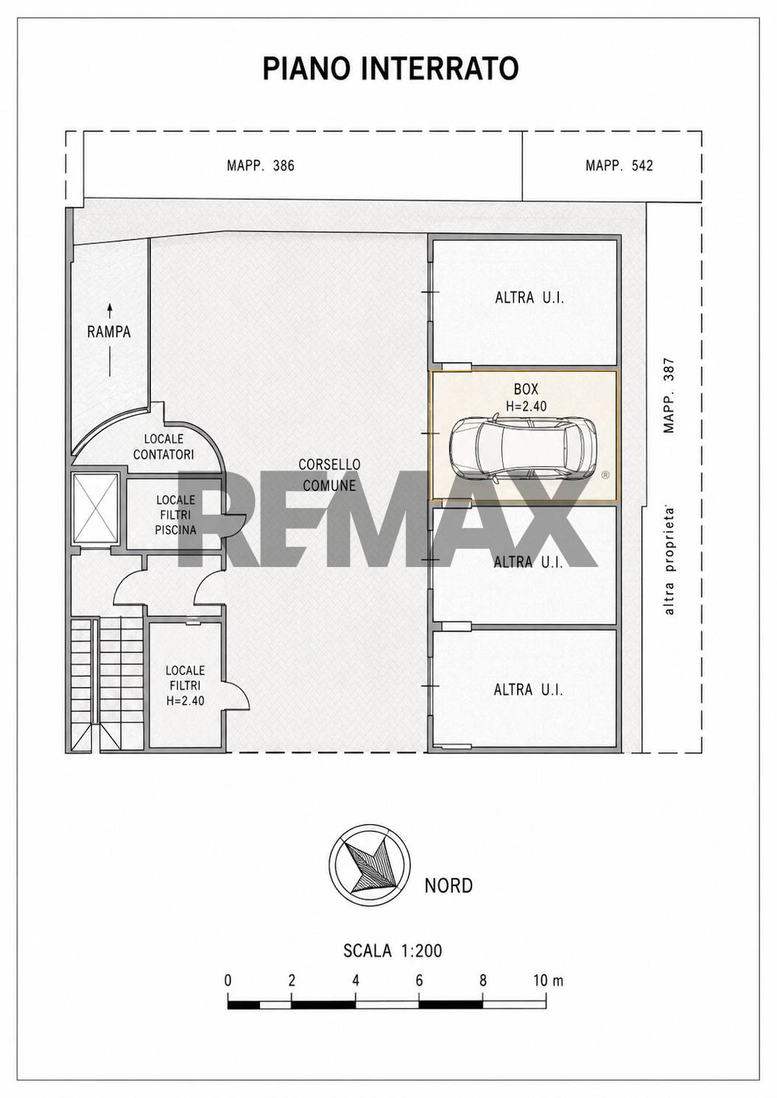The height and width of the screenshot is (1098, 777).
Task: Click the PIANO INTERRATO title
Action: (x=390, y=68)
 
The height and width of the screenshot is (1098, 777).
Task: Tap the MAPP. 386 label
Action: (x=260, y=166)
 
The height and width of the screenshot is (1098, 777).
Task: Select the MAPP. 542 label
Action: (x=619, y=166)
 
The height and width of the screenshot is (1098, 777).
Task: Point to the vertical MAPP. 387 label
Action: (x=669, y=396)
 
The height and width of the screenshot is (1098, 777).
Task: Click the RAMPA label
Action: (x=109, y=332)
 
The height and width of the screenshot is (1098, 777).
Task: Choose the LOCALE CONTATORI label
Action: (x=164, y=446)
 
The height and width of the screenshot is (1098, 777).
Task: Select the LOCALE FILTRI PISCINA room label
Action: (x=175, y=515)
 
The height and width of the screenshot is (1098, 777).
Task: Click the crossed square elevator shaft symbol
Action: (x=95, y=508)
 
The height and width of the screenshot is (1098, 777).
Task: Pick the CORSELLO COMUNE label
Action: (x=329, y=474)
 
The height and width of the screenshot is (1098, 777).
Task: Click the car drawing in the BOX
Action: (x=522, y=445)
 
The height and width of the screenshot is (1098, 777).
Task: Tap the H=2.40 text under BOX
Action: (x=526, y=406)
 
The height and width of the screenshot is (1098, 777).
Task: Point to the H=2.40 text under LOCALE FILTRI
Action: (x=186, y=700)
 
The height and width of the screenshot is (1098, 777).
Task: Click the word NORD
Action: (x=449, y=886)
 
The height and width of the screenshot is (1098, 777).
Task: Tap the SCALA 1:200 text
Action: (x=393, y=951)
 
